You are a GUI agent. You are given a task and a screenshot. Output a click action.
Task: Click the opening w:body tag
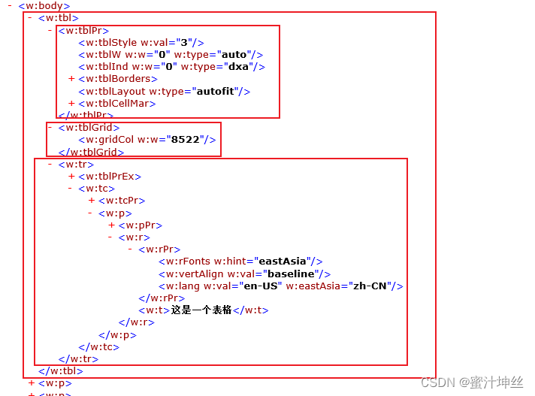pos(44,6)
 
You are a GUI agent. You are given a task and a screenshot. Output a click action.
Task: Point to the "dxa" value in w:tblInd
pos(240,67)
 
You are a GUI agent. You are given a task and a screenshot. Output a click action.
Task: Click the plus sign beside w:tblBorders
pos(71,79)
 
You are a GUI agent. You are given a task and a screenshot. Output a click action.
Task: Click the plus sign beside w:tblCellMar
pos(71,103)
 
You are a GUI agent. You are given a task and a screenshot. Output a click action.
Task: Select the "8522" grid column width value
pos(185,140)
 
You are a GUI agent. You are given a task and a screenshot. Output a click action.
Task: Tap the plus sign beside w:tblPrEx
pos(71,177)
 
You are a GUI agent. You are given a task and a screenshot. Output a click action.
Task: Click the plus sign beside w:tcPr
pos(92,201)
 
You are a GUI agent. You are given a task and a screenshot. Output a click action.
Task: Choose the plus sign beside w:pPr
pos(112,225)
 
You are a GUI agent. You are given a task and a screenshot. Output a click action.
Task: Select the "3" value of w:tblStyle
pos(183,43)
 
